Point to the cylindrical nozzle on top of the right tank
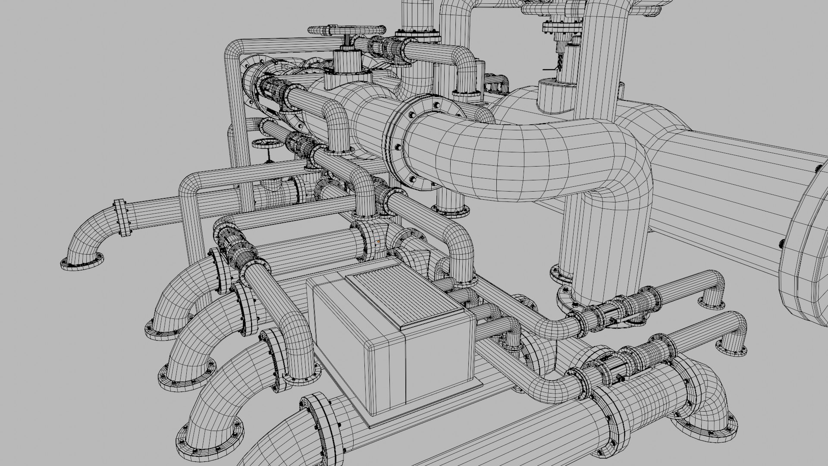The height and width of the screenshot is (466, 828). [x=556, y=95]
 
